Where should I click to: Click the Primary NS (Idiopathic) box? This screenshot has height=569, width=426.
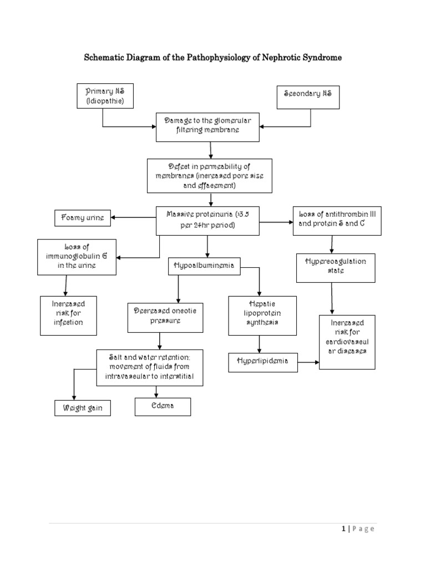[105, 96]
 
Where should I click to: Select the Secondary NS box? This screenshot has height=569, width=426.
[308, 97]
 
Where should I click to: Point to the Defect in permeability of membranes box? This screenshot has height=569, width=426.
[209, 176]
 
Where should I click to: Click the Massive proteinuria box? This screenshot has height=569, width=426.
[208, 219]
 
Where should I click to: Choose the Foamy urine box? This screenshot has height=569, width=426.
[82, 218]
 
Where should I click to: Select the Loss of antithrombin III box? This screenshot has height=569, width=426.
[337, 220]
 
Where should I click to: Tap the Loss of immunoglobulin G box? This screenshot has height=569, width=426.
[77, 257]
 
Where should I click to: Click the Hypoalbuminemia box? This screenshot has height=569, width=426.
[204, 267]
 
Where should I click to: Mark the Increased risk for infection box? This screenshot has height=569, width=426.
[67, 315]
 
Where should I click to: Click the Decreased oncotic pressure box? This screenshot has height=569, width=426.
[165, 317]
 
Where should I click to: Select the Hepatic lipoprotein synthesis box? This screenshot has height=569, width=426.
[262, 316]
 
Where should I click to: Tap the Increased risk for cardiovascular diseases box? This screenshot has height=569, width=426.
[347, 342]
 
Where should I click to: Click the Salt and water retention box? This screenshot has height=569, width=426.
[150, 368]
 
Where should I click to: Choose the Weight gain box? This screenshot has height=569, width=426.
[82, 408]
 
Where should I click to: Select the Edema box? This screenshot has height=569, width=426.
[163, 407]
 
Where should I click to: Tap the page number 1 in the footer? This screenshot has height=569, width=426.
[343, 529]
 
